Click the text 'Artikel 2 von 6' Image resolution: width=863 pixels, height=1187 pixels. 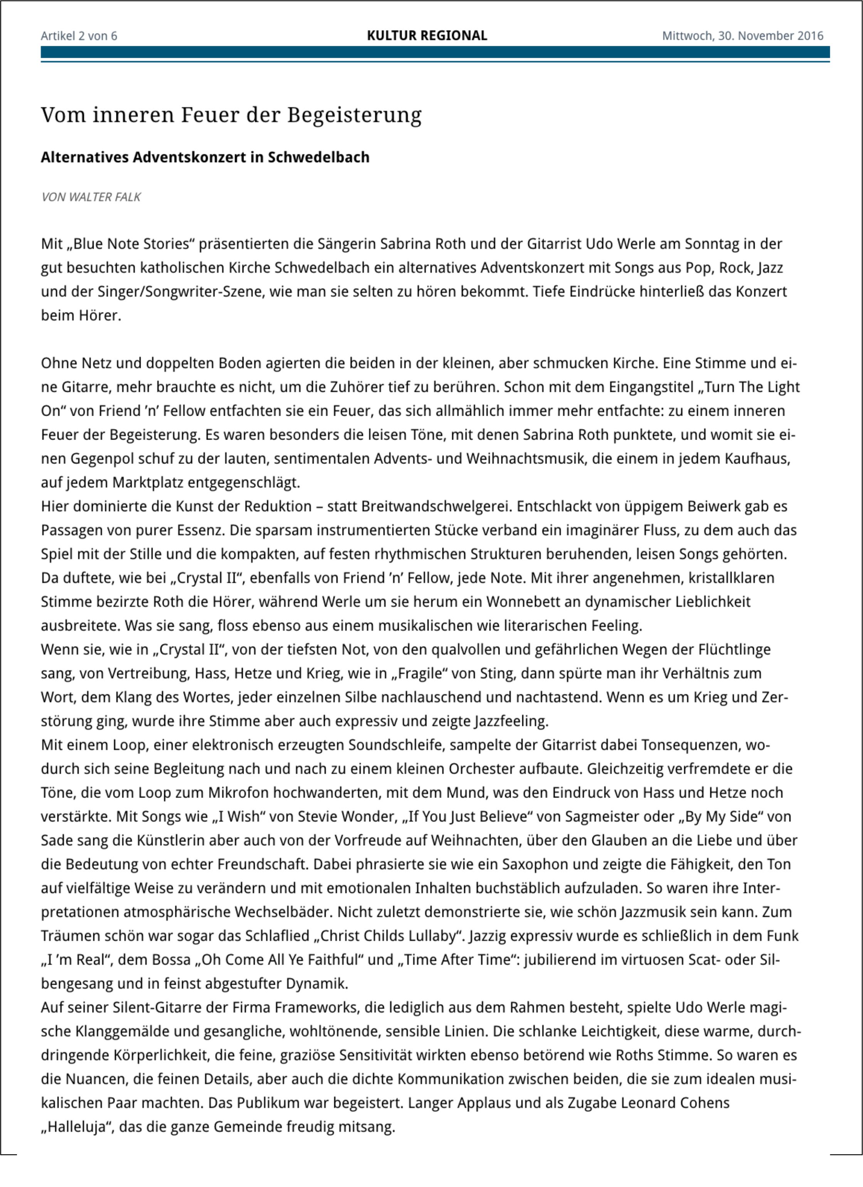pyautogui.click(x=79, y=36)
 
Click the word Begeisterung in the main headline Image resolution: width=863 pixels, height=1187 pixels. pyautogui.click(x=354, y=115)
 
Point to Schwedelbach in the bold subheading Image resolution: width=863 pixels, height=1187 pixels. pyautogui.click(x=318, y=157)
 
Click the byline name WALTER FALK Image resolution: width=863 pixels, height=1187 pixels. pyautogui.click(x=105, y=197)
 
